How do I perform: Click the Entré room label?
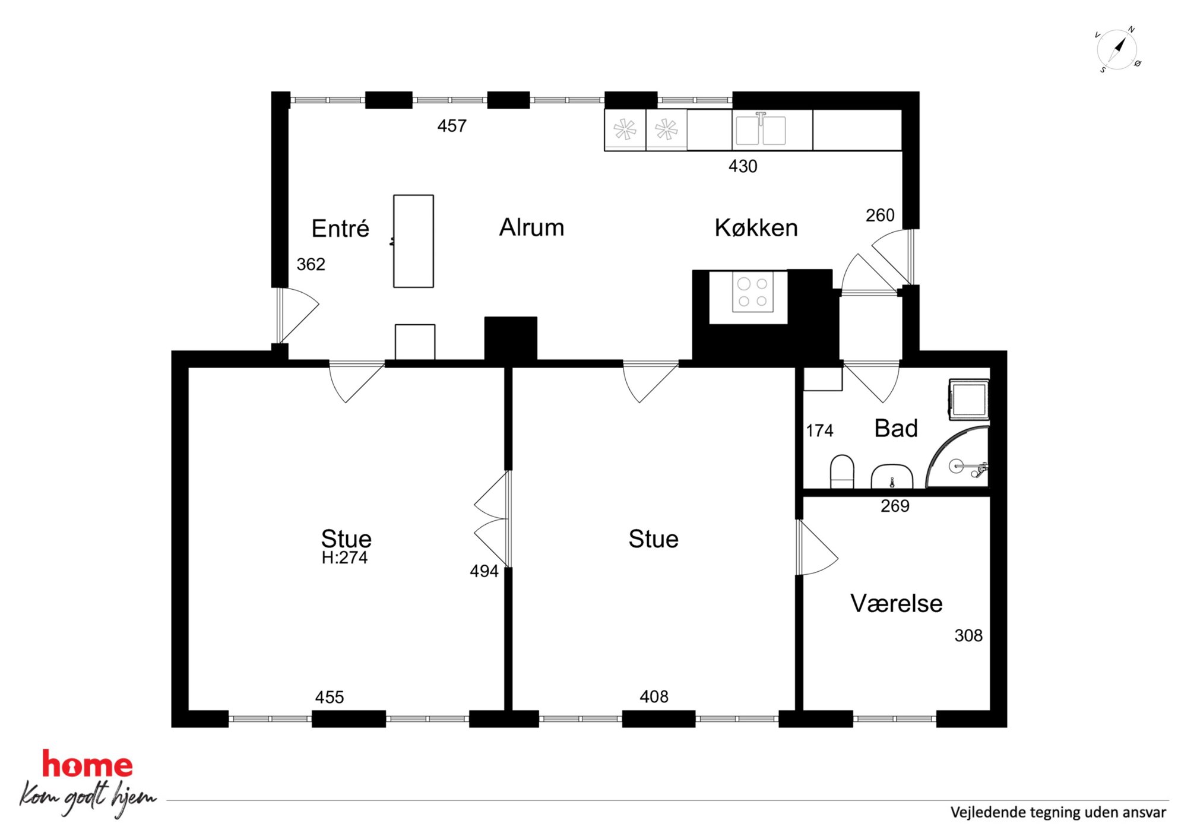point(340,229)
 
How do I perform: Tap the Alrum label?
point(531,227)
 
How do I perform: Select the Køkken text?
point(756,228)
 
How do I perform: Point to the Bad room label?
point(896,429)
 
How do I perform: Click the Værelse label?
point(897,603)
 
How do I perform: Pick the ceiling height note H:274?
point(344,558)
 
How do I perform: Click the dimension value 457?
point(452,126)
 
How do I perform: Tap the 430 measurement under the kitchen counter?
point(743,166)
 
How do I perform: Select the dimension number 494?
point(484,571)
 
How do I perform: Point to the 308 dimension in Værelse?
point(968,636)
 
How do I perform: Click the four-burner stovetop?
point(753,292)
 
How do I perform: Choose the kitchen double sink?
point(761,129)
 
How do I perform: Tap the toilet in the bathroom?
point(841,471)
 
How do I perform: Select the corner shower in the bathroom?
point(958,457)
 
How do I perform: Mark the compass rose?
point(1117,49)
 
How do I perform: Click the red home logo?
point(87,764)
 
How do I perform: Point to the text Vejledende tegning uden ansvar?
point(1058,812)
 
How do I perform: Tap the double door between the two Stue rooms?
point(492,519)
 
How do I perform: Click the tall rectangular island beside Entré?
point(413,241)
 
